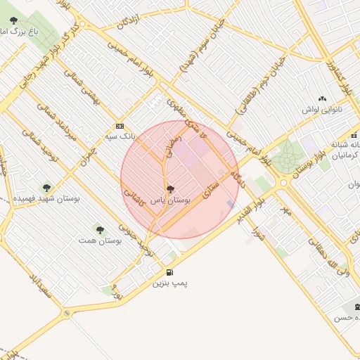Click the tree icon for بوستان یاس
point(169,189)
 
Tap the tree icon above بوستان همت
point(99,229)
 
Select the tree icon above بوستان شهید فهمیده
point(46,188)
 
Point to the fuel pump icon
point(169,273)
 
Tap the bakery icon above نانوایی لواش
point(322,99)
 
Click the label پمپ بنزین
point(170,283)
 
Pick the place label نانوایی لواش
point(322,110)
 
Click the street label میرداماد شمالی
point(59,127)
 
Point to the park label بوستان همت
point(101,240)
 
